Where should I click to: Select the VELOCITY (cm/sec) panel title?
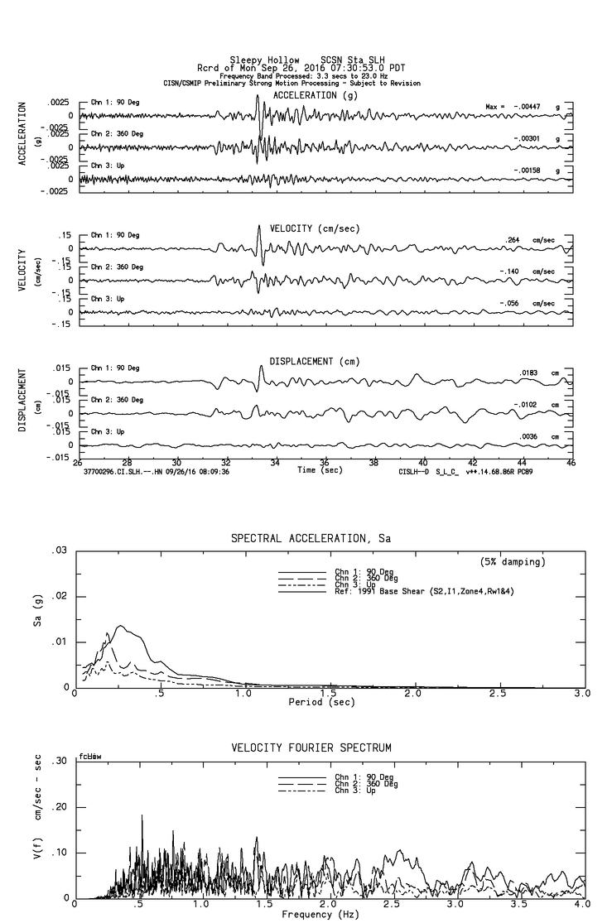(x=302, y=228)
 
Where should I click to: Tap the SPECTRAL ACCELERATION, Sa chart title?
(x=310, y=538)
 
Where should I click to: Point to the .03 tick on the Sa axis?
(x=60, y=550)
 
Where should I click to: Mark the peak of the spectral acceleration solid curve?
(x=121, y=626)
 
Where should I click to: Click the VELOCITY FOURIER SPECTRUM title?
(x=311, y=748)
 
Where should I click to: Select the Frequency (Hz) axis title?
(x=320, y=914)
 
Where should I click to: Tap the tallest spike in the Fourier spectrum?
(x=142, y=815)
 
